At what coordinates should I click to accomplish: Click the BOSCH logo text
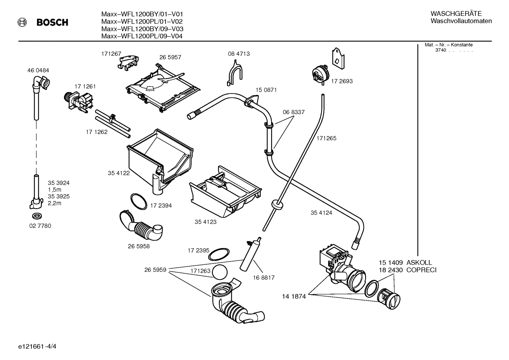click(52, 23)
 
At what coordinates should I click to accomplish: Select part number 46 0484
click(38, 70)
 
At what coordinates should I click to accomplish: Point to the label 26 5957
click(170, 57)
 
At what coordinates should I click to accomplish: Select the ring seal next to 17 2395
click(219, 254)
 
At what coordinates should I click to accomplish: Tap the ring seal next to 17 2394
click(138, 201)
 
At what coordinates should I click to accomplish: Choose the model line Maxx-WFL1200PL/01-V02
click(142, 21)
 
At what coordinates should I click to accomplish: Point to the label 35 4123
click(205, 222)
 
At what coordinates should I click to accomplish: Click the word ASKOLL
click(419, 262)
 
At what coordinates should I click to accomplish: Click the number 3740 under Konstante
click(440, 50)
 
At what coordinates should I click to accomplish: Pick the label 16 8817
click(263, 278)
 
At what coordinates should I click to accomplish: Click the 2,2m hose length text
click(55, 203)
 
